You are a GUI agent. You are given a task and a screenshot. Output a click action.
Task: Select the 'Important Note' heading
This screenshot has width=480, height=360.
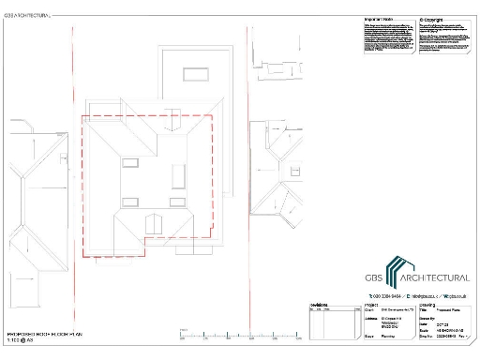pos(378,18)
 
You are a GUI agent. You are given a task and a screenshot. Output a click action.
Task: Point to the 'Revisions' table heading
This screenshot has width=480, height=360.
pos(319,305)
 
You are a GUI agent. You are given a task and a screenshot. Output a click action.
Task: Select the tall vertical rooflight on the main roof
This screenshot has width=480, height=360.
pos(177,174)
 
